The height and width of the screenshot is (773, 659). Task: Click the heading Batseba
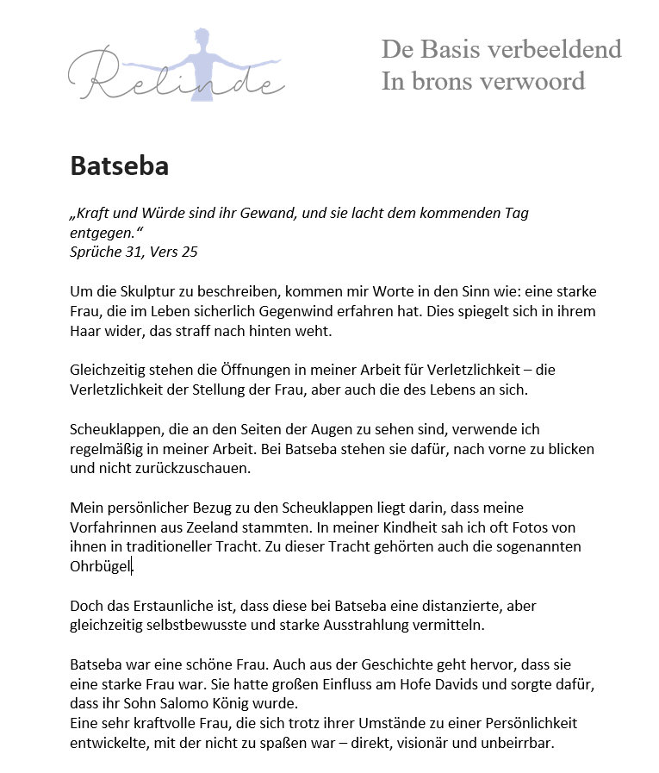[119, 165]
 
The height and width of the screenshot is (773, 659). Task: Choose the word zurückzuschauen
[177, 468]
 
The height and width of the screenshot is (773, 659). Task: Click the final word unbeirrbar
[519, 742]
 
